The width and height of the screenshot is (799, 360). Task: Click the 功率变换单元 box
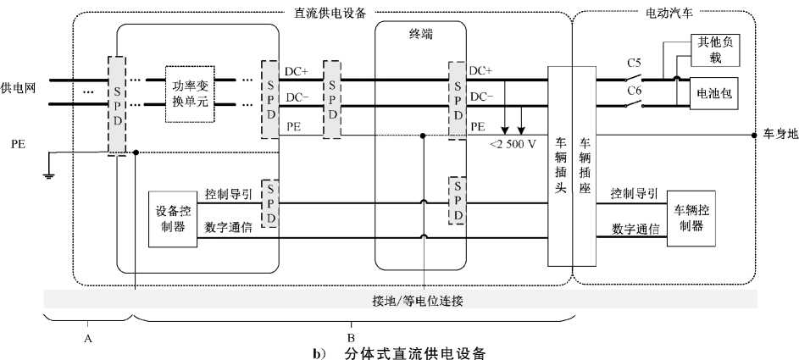tap(190, 94)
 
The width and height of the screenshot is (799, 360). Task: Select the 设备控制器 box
tap(172, 219)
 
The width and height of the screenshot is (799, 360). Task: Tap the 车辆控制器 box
tap(691, 218)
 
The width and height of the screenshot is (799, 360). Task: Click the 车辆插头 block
tap(559, 166)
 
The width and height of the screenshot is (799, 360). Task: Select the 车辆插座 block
tap(584, 166)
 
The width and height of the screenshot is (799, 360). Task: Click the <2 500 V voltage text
tap(513, 144)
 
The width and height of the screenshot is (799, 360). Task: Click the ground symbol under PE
tap(49, 176)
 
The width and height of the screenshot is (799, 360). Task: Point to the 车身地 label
tap(779, 135)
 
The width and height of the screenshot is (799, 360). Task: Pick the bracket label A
tap(87, 337)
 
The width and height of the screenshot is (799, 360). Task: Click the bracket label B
tap(351, 337)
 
